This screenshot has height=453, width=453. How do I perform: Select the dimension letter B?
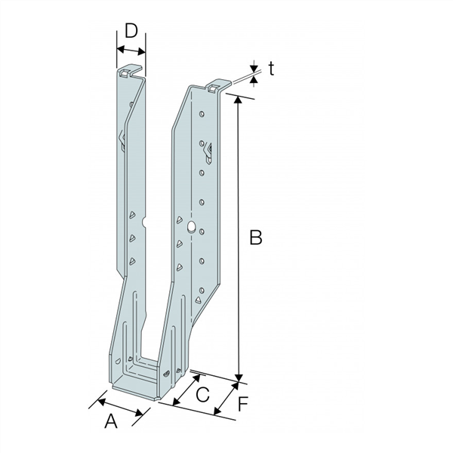[256, 238]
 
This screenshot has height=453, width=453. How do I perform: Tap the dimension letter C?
[202, 393]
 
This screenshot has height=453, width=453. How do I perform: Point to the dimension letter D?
[131, 31]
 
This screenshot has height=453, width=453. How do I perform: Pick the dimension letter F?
[242, 404]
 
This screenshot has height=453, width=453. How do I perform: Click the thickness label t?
[270, 69]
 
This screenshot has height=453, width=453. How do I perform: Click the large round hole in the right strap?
[191, 226]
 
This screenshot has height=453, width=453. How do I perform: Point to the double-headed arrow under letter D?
[130, 51]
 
